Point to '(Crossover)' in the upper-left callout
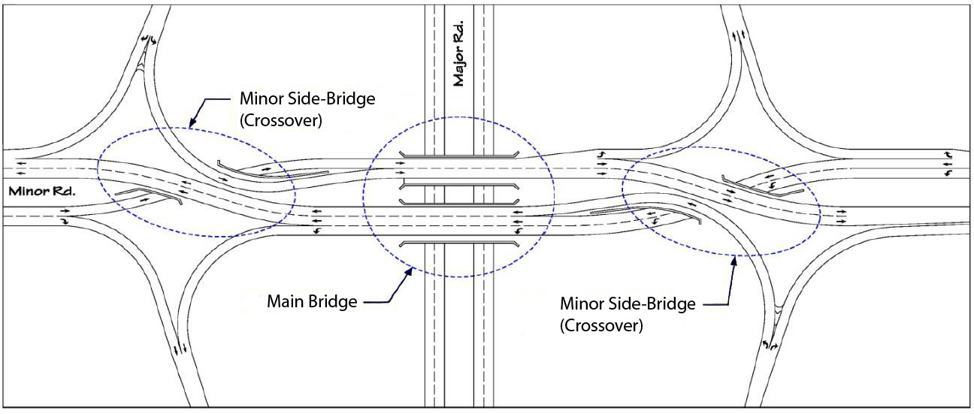pyautogui.click(x=280, y=121)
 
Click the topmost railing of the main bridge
pyautogui.click(x=458, y=156)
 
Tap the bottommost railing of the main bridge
pyautogui.click(x=458, y=243)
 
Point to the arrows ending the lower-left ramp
pyautogui.click(x=178, y=350)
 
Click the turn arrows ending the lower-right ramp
pyautogui.click(x=770, y=345)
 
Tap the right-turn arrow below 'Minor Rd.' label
pyautogui.click(x=65, y=222)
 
